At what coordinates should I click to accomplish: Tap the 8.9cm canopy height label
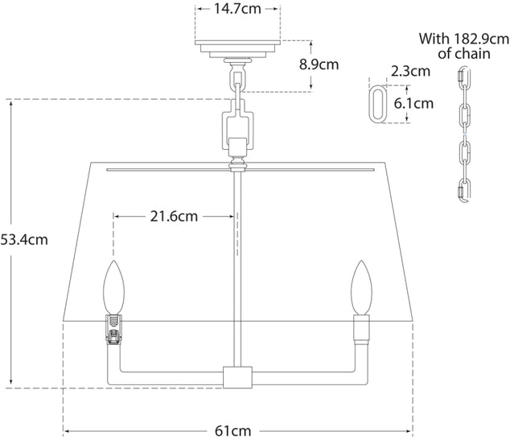[319, 64]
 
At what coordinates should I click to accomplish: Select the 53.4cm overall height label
[25, 239]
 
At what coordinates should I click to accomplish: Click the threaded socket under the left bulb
[113, 325]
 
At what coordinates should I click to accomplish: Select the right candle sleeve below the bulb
[360, 328]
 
